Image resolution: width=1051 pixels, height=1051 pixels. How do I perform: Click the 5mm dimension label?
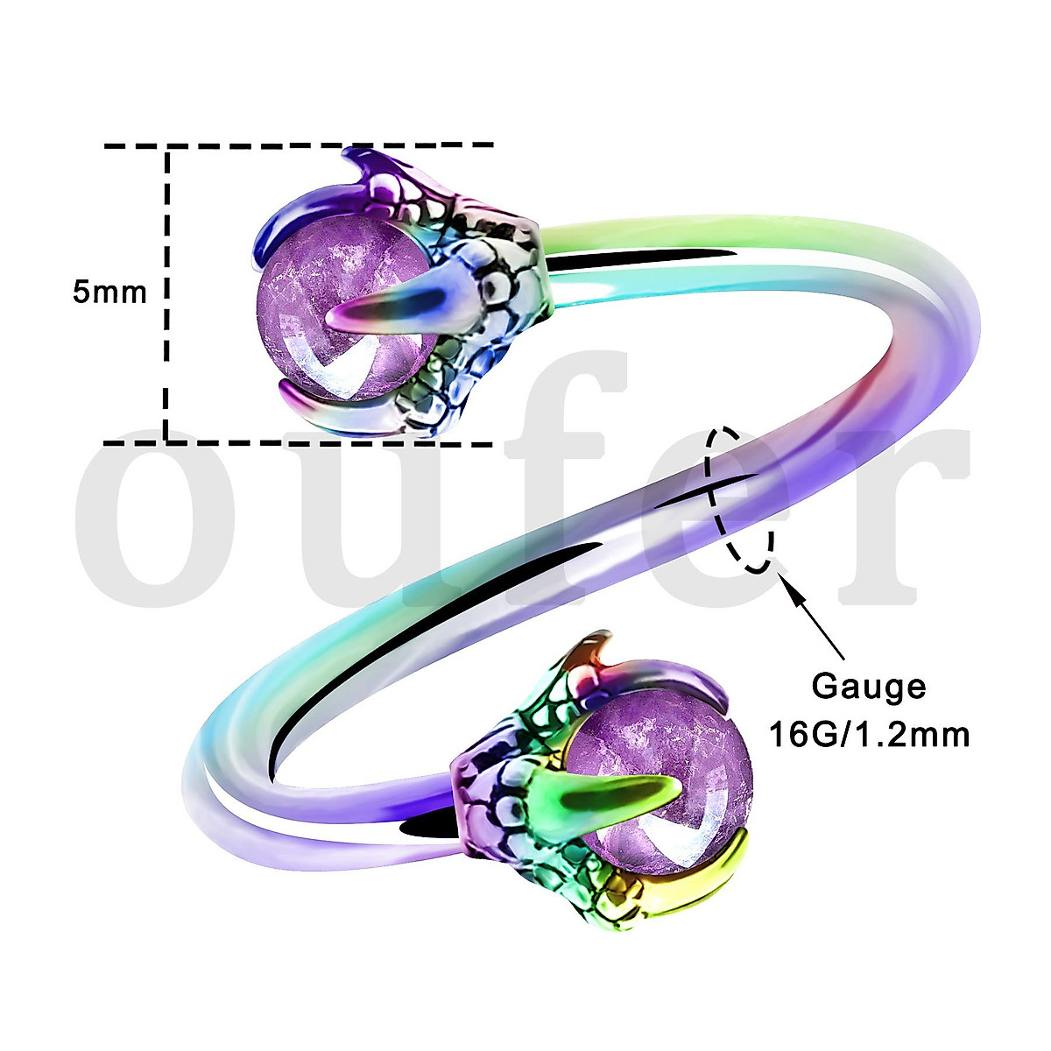[109, 292]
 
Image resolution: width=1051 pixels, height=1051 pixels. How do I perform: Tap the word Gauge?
[868, 686]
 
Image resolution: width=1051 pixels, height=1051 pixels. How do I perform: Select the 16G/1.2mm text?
[868, 733]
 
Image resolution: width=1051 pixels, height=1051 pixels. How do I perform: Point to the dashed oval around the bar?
[741, 499]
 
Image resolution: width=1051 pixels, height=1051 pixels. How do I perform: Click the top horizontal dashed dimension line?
[298, 145]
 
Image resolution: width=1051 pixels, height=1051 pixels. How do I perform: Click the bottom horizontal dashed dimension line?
[298, 444]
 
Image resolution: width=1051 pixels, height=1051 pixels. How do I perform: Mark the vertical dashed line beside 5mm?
[165, 350]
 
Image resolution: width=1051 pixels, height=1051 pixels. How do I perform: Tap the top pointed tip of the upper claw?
[350, 156]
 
